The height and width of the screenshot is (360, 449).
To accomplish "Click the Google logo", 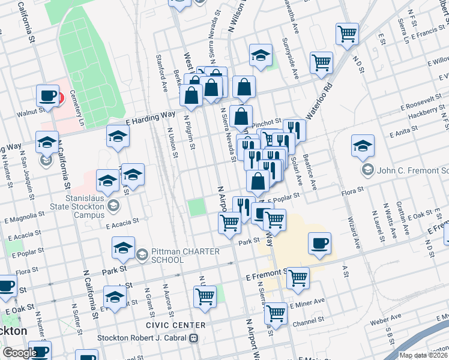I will tap(19, 353).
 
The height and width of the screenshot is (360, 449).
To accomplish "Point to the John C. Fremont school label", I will tap(408, 170).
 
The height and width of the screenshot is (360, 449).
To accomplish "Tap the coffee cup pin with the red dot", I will tap(48, 96).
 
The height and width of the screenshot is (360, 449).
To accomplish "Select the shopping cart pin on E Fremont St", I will tap(298, 278).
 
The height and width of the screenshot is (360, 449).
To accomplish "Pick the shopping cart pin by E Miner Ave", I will tap(276, 313).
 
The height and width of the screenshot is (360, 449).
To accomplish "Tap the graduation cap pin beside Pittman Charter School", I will tap(123, 248).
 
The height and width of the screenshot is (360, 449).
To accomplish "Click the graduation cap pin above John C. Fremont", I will tap(363, 146).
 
